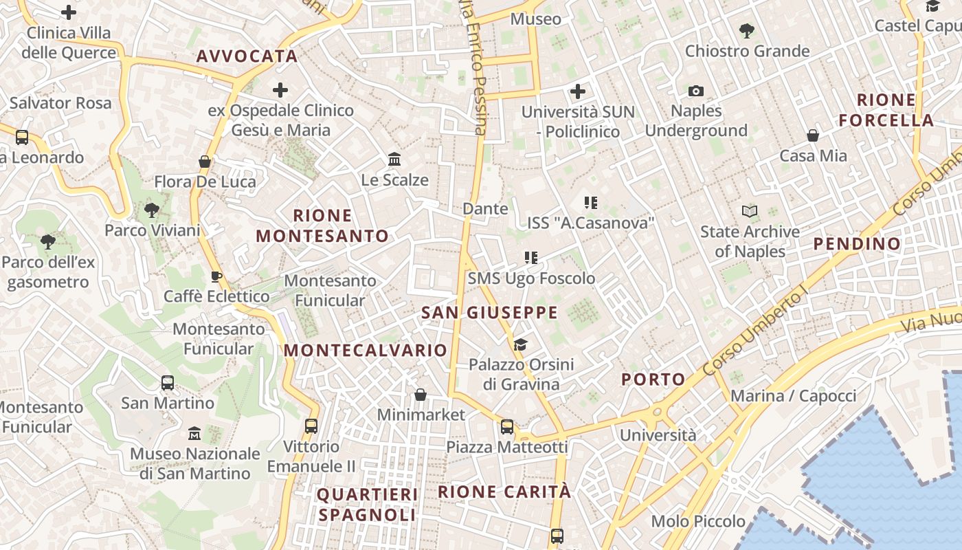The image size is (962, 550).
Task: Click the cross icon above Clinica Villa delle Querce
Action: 69,12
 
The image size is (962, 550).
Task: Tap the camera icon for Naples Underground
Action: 696,91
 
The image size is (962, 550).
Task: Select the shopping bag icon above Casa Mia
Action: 813,135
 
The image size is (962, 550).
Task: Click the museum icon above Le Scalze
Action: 394,159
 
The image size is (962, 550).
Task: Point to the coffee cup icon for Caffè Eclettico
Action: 216,276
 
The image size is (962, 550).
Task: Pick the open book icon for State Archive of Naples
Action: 750,211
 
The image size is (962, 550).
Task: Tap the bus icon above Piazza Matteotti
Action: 507,427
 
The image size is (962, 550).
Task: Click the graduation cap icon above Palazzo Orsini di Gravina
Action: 521,344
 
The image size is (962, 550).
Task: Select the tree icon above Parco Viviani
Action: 152,210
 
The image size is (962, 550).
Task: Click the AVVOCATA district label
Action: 247,56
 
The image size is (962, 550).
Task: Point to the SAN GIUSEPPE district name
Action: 489,313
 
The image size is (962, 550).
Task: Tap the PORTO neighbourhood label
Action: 653,379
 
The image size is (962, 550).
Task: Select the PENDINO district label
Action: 857,243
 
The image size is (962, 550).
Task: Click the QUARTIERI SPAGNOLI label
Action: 368,505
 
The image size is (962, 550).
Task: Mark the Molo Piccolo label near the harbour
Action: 698,521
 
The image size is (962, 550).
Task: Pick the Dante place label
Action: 486,208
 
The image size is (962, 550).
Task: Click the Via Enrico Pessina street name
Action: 474,69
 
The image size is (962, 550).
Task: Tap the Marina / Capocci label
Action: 793,396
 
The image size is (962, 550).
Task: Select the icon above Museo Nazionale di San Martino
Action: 194,434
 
